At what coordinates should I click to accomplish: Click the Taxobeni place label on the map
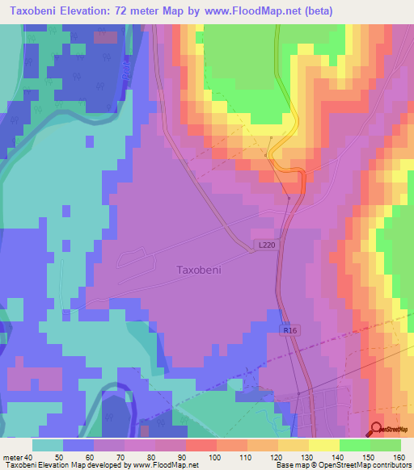(199, 271)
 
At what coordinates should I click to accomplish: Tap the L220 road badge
(267, 243)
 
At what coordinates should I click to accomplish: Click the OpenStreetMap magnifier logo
(378, 430)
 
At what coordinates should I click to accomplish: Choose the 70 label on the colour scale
(116, 457)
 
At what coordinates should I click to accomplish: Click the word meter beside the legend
(15, 457)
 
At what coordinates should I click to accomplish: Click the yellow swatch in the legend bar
(323, 445)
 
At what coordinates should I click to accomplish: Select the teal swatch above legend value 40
(48, 445)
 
